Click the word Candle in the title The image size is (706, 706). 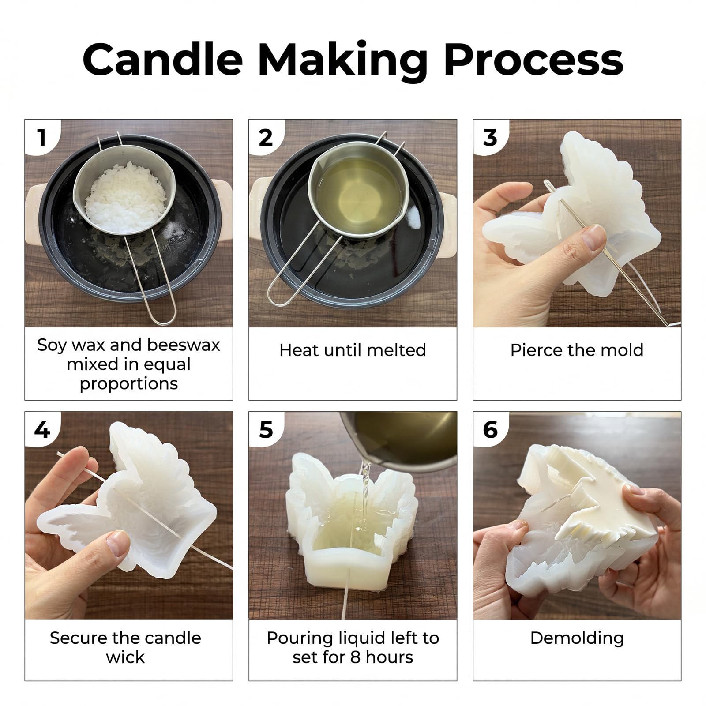coord(163,60)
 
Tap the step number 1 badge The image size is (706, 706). coord(42,137)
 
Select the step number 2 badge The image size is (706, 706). coord(266,137)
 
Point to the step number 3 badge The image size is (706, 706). coord(490,137)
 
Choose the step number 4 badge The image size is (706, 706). coord(42,429)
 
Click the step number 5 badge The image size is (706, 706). coord(266,429)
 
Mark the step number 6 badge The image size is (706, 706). coord(490,429)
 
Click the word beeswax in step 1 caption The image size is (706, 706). coord(184,345)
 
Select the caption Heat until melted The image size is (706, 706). coord(353,350)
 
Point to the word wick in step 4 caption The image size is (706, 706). coord(125,657)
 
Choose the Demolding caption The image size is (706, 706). coord(577,638)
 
